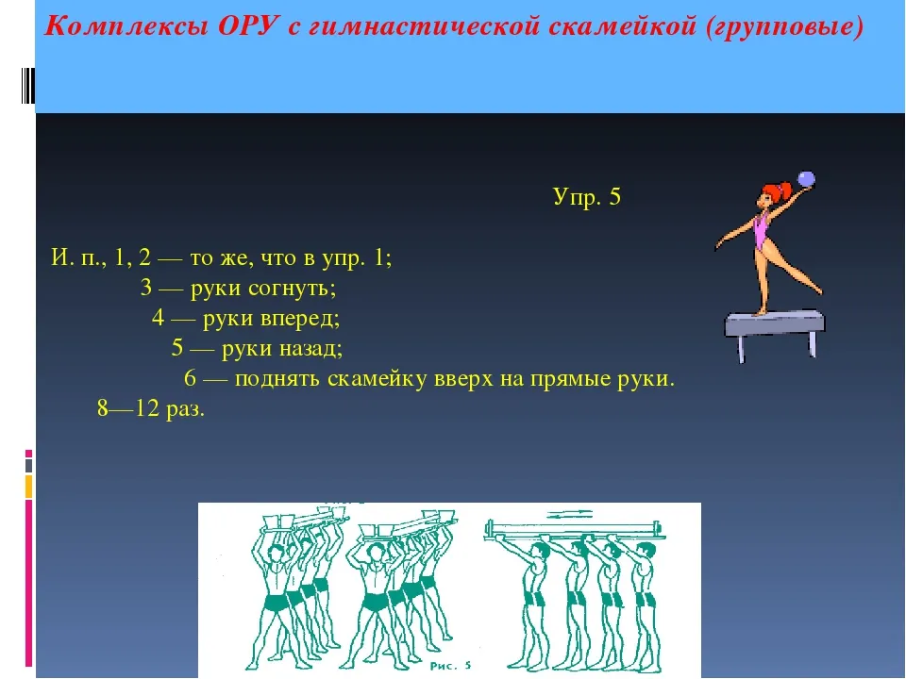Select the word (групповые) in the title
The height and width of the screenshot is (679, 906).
click(x=784, y=27)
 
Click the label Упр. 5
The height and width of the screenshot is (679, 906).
click(x=586, y=197)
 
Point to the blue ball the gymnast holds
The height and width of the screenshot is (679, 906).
click(x=805, y=179)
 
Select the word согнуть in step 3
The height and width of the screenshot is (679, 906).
click(x=292, y=289)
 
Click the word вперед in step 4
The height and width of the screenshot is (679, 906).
click(x=299, y=319)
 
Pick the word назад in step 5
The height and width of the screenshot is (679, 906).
click(x=310, y=349)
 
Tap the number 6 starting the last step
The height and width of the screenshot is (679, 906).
click(x=190, y=378)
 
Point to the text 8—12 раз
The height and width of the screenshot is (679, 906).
click(x=151, y=408)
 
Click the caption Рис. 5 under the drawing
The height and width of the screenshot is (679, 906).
click(x=451, y=666)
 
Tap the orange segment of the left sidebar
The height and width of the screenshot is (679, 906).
click(x=28, y=487)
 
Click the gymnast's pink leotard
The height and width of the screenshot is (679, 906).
click(x=763, y=232)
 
